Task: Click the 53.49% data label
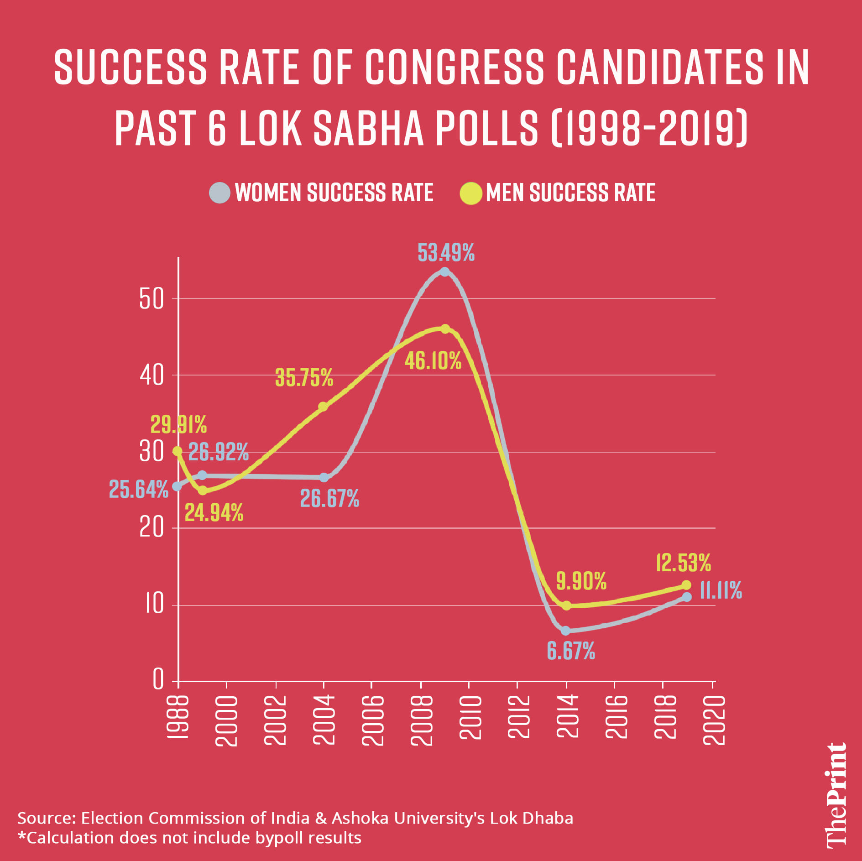pos(446,253)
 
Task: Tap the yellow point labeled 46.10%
pos(445,329)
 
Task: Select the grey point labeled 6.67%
pos(566,631)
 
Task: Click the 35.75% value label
pos(304,378)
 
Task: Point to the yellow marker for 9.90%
pos(566,605)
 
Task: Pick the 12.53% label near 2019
pos(683,563)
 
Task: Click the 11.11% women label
pos(721,590)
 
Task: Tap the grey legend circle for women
pos(219,193)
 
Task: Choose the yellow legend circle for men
pos(471,193)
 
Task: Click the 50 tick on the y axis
pos(152,300)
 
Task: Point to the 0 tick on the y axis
pos(158,679)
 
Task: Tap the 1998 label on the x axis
pos(177,717)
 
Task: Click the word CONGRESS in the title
pos(454,67)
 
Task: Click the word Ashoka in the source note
pos(360,819)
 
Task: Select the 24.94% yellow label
pos(214,513)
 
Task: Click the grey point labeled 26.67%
pos(324,477)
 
